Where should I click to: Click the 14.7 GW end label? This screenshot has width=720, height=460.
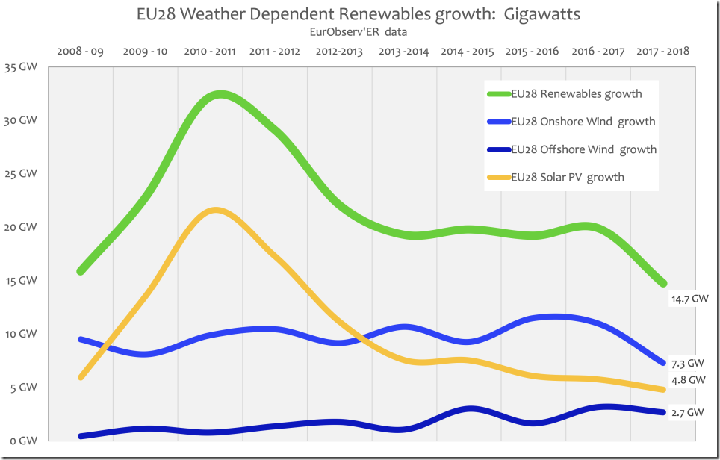click(x=688, y=299)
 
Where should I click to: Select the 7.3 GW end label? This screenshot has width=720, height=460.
click(x=687, y=364)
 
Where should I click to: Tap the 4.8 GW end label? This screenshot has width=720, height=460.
click(x=687, y=379)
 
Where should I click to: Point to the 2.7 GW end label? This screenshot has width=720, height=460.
click(x=687, y=412)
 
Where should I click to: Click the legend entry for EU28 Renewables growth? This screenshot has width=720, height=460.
click(x=576, y=94)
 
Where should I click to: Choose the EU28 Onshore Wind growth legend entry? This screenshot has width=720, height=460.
click(x=583, y=122)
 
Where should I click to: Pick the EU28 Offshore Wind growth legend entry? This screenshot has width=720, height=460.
click(x=583, y=149)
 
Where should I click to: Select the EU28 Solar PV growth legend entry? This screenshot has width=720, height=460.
click(x=567, y=177)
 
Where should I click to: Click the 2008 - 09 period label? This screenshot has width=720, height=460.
click(x=80, y=52)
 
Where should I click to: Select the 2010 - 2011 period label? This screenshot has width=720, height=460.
click(x=210, y=52)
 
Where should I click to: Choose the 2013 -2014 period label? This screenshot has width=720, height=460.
click(x=404, y=52)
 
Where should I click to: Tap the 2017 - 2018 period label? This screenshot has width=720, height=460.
click(x=662, y=52)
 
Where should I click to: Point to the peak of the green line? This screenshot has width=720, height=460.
click(x=220, y=95)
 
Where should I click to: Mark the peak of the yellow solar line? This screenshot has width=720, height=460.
click(x=215, y=211)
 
